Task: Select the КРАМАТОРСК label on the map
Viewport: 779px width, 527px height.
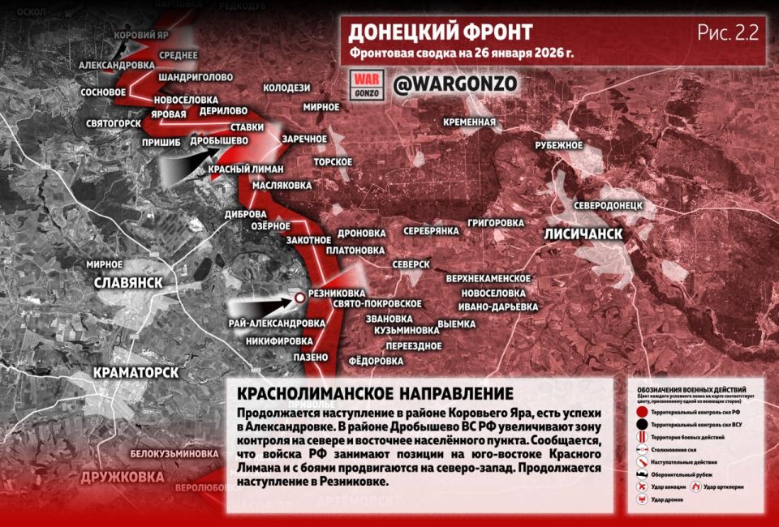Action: coord(136,372)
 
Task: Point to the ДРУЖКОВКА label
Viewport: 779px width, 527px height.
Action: coord(122,477)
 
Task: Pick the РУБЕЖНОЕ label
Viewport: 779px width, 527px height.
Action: coord(558,144)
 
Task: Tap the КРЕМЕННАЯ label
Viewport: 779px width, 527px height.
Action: coord(469,122)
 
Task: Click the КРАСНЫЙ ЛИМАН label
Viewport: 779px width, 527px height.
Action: coord(246,169)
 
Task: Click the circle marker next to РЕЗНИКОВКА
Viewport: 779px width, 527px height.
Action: coord(299,298)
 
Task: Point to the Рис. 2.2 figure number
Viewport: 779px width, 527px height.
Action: coord(727,32)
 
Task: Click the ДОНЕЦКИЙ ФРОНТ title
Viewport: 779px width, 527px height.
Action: coord(441,32)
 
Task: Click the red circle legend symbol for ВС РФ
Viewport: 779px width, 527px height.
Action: coord(641,411)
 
